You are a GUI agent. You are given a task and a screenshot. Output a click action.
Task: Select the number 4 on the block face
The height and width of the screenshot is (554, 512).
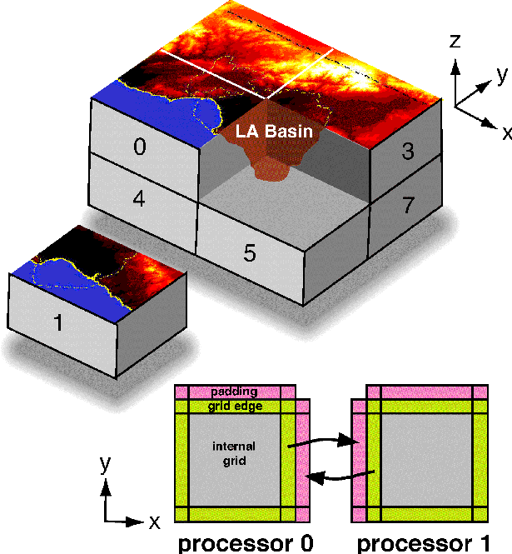[x=139, y=200]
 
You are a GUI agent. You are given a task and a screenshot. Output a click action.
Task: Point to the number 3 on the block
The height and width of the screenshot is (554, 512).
[x=408, y=151]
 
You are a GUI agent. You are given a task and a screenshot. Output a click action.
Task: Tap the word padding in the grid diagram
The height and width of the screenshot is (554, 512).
[x=234, y=392]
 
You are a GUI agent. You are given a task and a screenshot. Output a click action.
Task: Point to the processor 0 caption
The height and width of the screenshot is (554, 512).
[x=246, y=543]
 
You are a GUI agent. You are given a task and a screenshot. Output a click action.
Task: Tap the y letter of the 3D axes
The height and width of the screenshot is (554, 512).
[x=501, y=75]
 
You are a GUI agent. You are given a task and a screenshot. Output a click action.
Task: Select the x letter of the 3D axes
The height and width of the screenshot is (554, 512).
[x=505, y=131]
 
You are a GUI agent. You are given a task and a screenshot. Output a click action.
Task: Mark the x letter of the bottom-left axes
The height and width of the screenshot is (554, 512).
[x=154, y=522]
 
